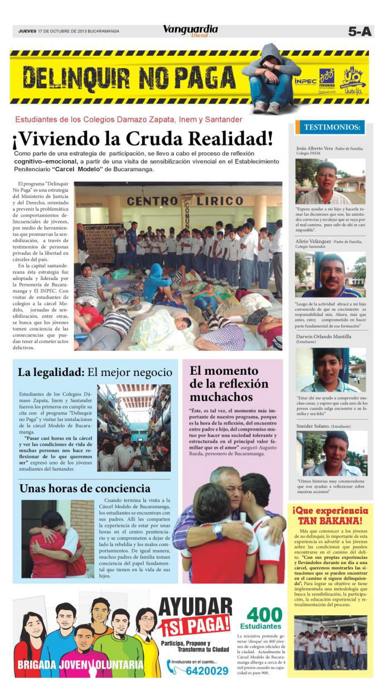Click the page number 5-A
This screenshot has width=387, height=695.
click(359, 32)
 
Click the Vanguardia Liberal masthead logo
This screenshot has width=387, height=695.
click(190, 31)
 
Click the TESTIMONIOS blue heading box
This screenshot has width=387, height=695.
click(332, 128)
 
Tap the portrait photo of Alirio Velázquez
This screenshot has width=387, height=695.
click(330, 276)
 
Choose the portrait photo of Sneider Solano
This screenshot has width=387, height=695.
click(330, 453)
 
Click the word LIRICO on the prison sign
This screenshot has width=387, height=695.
click(223, 201)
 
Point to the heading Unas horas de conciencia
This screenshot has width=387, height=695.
click(85, 489)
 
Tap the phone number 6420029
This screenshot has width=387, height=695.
click(207, 670)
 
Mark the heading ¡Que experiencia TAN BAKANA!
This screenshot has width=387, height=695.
click(330, 515)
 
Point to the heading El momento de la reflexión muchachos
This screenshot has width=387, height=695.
click(229, 383)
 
